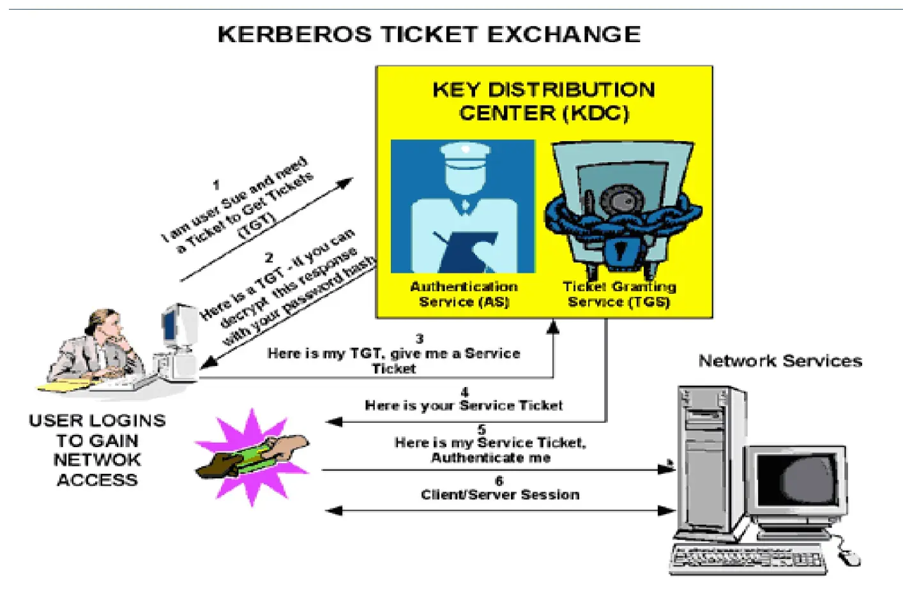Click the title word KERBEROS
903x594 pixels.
(x=294, y=34)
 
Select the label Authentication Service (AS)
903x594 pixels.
(x=464, y=294)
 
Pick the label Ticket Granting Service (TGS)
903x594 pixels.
(x=619, y=294)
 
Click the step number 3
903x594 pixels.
(x=420, y=339)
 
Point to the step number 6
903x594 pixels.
(x=499, y=481)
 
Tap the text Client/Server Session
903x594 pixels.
(x=500, y=495)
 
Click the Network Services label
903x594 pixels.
(x=780, y=361)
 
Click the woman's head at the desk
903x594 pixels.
(x=105, y=325)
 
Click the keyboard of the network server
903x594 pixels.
(x=747, y=560)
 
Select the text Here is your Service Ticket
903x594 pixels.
(x=464, y=406)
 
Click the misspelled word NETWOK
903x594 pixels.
(x=97, y=460)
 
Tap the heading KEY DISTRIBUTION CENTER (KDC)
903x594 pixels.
(x=543, y=101)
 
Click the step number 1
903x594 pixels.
(x=216, y=185)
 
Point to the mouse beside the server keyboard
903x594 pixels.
(x=848, y=558)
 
